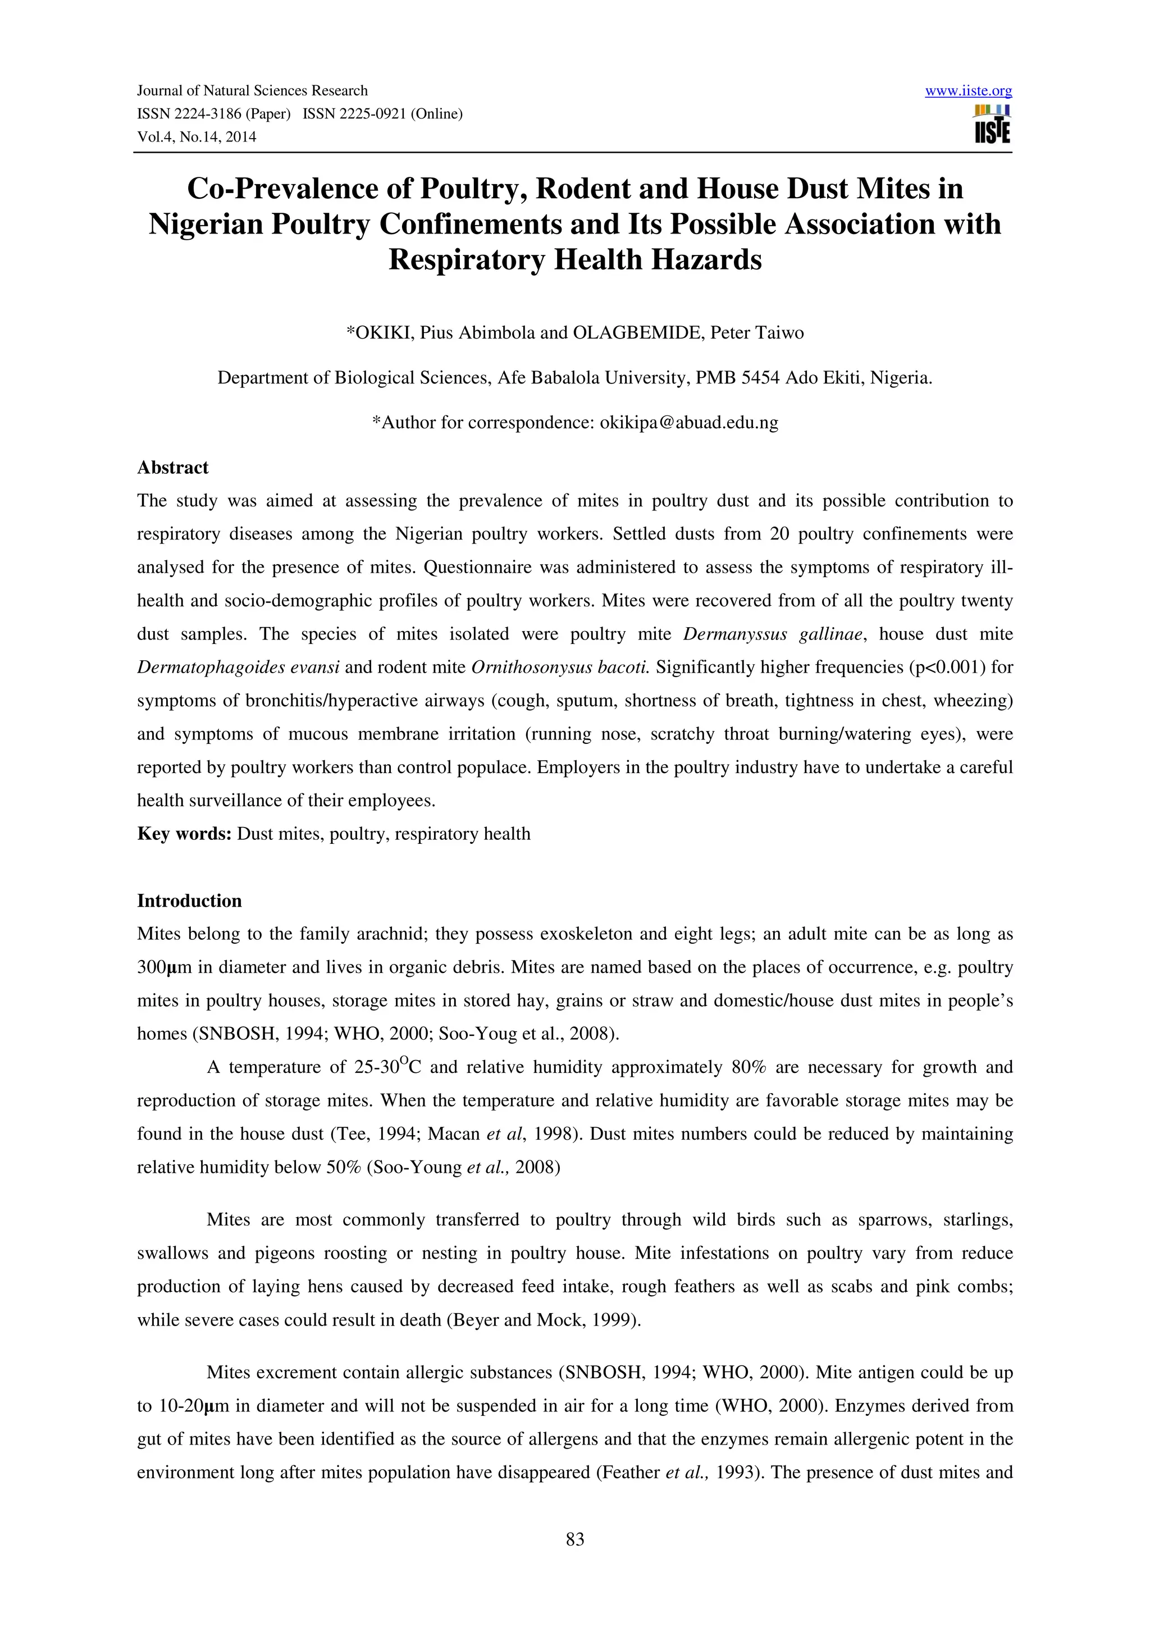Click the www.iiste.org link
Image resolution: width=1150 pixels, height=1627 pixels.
(968, 91)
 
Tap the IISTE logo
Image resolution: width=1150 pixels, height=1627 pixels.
(992, 125)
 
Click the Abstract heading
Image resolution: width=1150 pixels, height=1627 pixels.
(172, 468)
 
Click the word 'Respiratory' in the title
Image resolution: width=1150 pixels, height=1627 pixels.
(466, 259)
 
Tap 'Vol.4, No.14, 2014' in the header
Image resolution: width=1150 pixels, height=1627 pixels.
(197, 137)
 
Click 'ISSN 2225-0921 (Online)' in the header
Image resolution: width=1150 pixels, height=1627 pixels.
(382, 114)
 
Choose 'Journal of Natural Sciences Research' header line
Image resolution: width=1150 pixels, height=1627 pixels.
(252, 91)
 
